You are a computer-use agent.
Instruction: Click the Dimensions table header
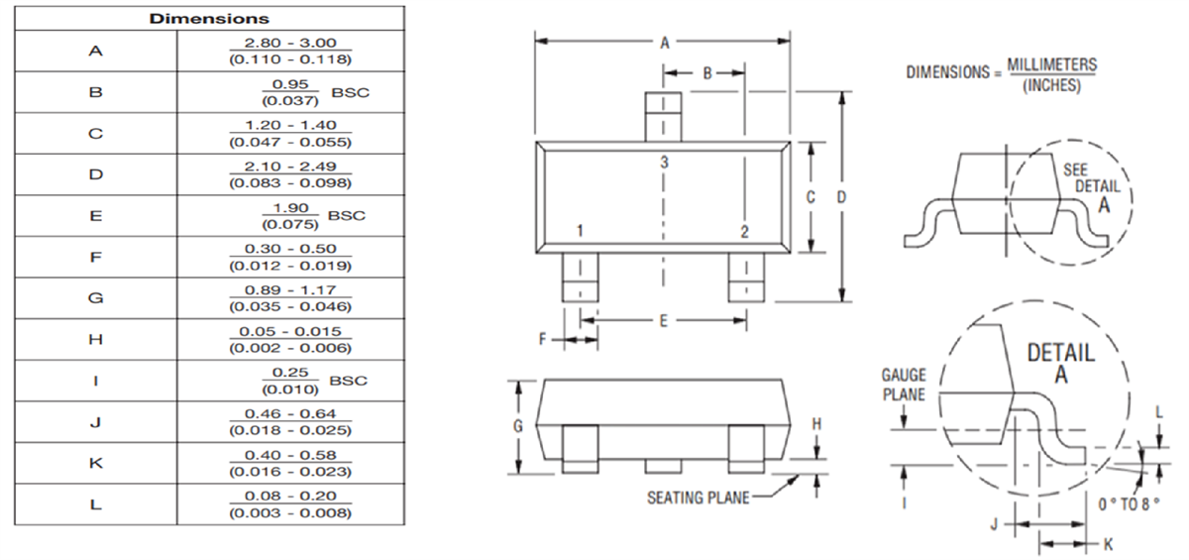[x=209, y=18]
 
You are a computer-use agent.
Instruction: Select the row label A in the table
[x=95, y=51]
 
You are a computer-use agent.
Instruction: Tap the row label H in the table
[x=95, y=339]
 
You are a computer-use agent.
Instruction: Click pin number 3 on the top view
[x=663, y=162]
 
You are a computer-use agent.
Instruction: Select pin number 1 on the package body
[x=580, y=232]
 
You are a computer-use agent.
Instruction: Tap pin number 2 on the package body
[x=743, y=232]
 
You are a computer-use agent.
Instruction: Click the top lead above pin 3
[x=663, y=115]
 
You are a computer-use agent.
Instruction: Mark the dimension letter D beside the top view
[x=841, y=197]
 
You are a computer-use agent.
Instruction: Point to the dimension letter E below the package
[x=663, y=320]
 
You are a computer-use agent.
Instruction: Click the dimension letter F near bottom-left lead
[x=543, y=339]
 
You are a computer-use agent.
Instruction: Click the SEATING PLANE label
[x=698, y=498]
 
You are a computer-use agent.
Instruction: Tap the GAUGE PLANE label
[x=903, y=385]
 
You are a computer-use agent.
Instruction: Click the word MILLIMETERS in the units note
[x=1051, y=64]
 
